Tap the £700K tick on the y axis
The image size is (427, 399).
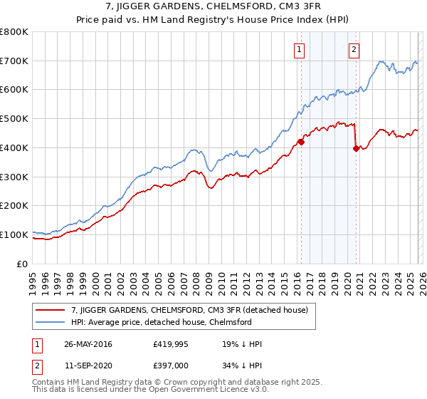[14, 61]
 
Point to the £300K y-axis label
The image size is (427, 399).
[14, 177]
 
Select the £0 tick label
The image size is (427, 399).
[23, 264]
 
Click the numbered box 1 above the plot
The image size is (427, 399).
[298, 49]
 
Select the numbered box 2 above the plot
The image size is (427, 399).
[354, 49]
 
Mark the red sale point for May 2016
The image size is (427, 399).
[301, 142]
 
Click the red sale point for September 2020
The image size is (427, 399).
[356, 148]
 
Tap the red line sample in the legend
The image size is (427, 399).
[51, 310]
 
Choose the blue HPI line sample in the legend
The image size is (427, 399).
[51, 322]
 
